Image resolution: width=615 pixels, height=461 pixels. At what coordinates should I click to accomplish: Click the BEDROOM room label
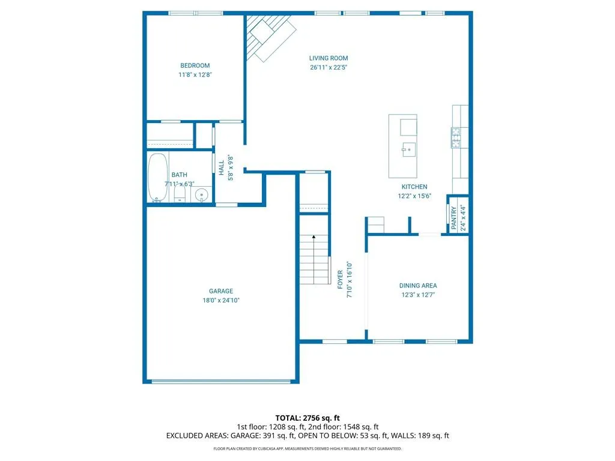[x=195, y=65]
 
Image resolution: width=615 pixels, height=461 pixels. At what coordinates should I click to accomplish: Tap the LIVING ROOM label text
[x=329, y=58]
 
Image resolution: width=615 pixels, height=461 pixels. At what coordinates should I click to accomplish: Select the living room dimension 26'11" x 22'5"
[x=329, y=67]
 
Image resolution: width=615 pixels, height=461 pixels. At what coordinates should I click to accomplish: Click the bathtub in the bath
[x=158, y=177]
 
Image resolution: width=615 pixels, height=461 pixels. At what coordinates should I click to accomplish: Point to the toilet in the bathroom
[x=180, y=193]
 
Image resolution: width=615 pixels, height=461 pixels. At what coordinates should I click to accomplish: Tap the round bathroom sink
[x=202, y=195]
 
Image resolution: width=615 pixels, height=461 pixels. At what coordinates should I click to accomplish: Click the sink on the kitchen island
[x=408, y=149]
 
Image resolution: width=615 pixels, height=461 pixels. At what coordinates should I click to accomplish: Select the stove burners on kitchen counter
[x=456, y=137]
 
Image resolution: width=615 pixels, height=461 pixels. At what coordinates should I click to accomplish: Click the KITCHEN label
[x=414, y=187]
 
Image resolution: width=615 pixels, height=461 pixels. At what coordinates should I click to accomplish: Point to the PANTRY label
[x=454, y=217]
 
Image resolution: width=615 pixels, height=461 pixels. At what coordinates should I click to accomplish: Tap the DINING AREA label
[x=418, y=286]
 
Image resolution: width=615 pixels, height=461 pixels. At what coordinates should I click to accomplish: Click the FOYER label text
[x=340, y=280]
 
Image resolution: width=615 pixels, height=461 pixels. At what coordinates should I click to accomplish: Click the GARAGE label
[x=221, y=291]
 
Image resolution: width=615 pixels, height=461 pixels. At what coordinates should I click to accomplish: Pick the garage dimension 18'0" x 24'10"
[x=221, y=300]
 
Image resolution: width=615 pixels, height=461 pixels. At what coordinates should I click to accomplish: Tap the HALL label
[x=221, y=168]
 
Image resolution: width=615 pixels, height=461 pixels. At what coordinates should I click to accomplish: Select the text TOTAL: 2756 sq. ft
[x=307, y=418]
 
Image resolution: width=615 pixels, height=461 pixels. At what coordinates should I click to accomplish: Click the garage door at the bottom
[x=221, y=381]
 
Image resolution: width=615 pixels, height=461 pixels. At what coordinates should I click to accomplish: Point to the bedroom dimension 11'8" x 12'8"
[x=195, y=75]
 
